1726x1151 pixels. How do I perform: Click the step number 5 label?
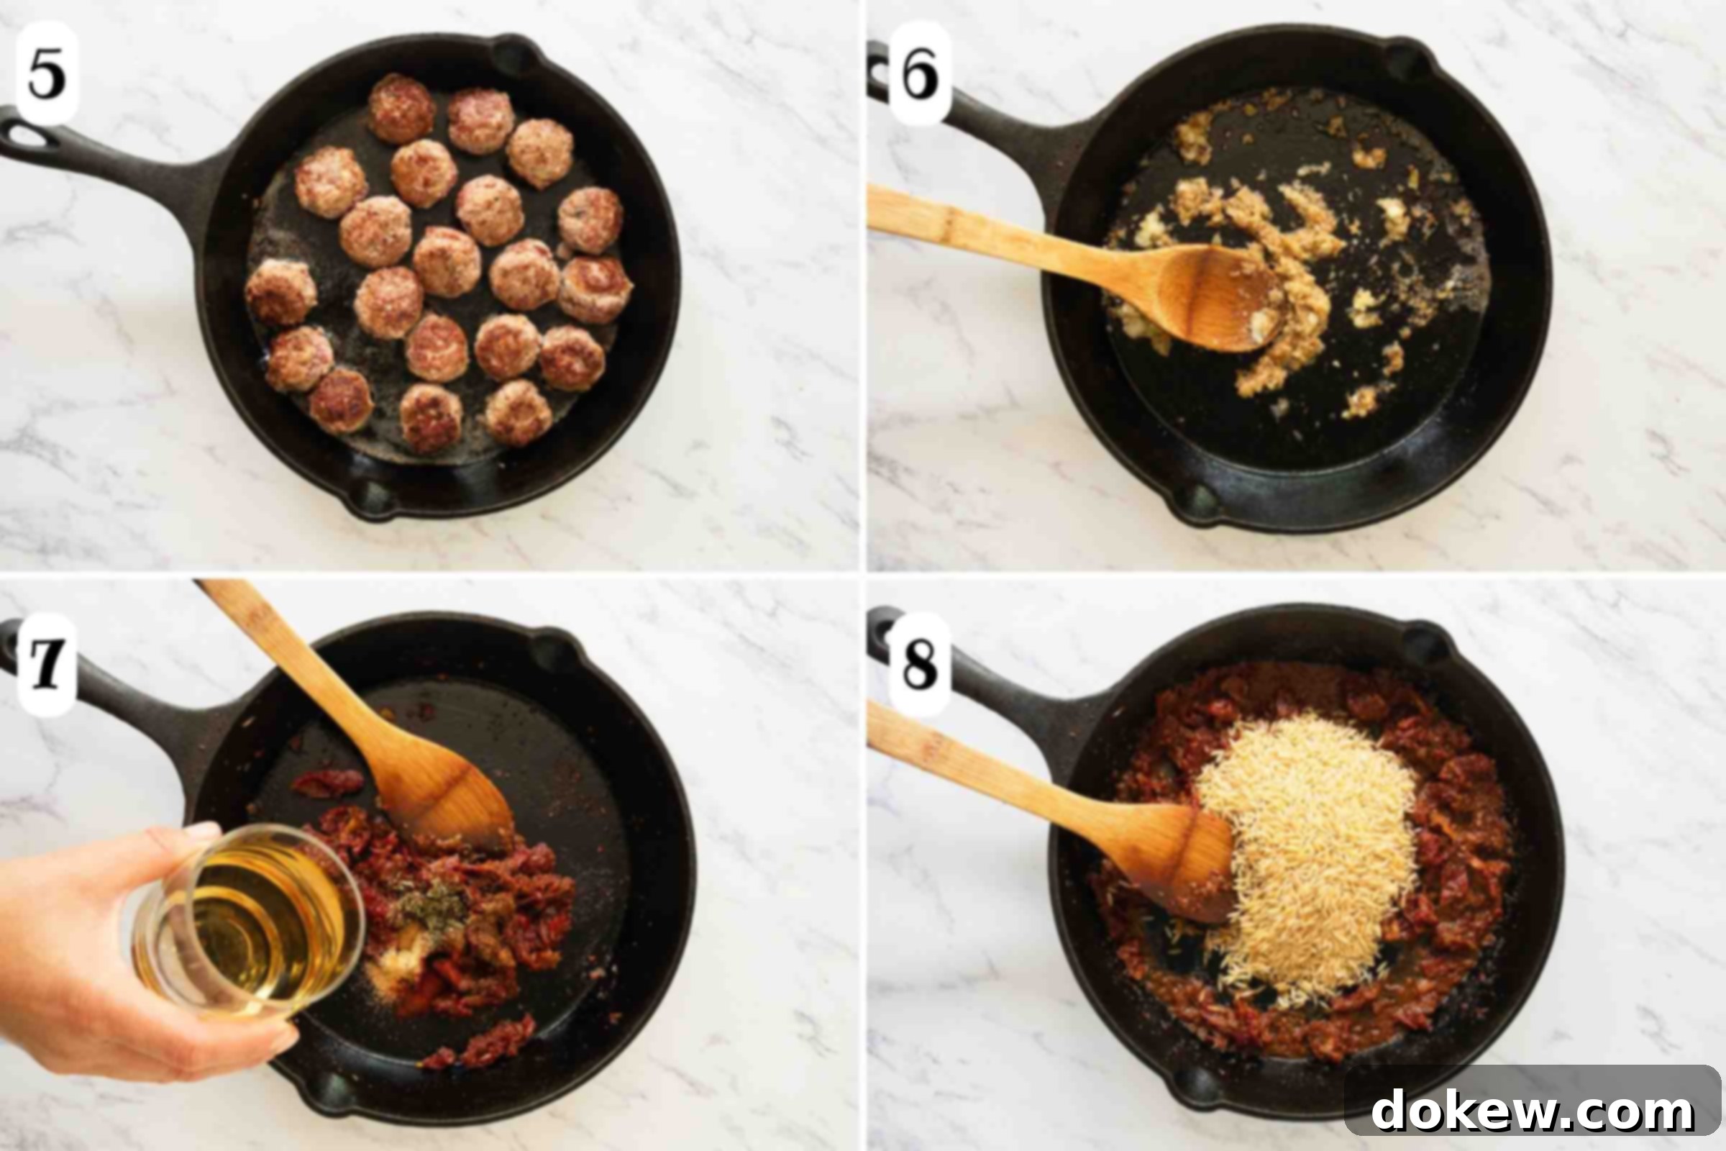[x=46, y=73]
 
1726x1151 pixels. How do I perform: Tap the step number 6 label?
[x=921, y=73]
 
